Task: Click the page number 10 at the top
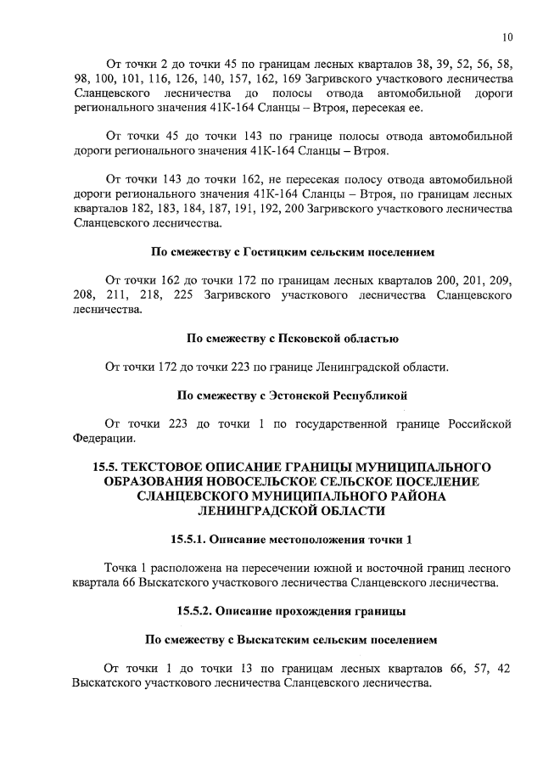[507, 37]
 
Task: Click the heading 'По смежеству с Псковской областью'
[292, 339]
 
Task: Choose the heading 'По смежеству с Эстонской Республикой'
[292, 395]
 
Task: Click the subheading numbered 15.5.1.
[292, 540]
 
